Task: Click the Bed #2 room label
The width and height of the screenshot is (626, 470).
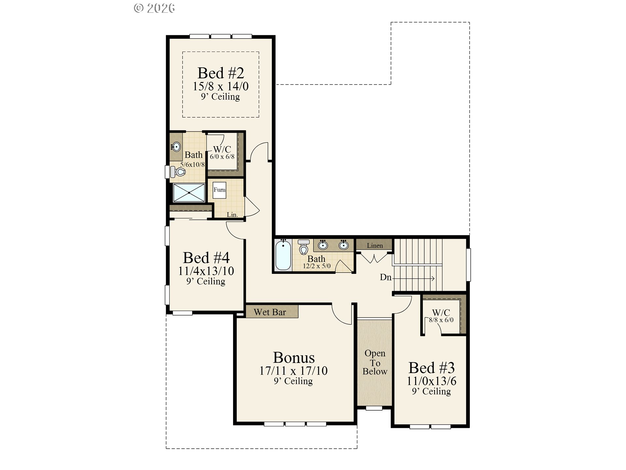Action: click(221, 73)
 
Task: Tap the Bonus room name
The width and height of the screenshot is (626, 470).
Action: click(294, 358)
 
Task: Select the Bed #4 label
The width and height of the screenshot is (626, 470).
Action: click(206, 258)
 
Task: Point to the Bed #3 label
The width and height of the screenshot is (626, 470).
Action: click(431, 368)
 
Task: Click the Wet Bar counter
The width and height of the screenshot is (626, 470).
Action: click(272, 311)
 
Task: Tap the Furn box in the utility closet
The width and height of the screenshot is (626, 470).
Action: click(219, 190)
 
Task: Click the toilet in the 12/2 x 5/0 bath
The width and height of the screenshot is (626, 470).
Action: click(304, 247)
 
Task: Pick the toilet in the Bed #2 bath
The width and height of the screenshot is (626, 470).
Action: click(179, 171)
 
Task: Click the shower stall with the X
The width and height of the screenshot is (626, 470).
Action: click(189, 193)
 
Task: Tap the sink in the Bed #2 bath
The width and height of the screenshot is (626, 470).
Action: click(176, 147)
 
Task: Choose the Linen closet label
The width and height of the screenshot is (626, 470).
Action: click(375, 245)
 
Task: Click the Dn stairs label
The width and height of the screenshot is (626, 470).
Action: click(385, 277)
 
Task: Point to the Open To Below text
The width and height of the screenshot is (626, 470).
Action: click(375, 362)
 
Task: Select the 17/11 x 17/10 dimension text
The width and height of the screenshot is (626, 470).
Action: click(293, 371)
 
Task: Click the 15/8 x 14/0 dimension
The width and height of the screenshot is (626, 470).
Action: click(220, 86)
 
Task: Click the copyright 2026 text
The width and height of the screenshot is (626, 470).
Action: click(154, 8)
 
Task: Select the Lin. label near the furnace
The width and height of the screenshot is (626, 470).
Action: click(232, 214)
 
